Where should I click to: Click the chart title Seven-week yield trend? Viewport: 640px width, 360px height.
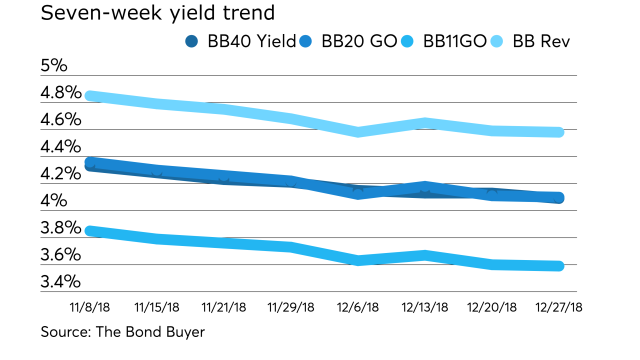(x=157, y=13)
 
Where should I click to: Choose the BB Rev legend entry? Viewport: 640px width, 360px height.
(x=533, y=41)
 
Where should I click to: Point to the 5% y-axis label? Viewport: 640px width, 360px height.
(x=54, y=66)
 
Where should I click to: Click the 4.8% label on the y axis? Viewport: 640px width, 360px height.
(x=61, y=93)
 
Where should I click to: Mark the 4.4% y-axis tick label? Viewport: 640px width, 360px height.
(x=61, y=147)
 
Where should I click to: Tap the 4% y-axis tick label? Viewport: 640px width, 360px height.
(x=54, y=201)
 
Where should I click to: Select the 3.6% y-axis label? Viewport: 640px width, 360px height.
(x=61, y=255)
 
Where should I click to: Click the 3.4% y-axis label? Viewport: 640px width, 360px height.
(x=61, y=282)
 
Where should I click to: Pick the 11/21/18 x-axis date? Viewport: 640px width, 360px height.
(x=223, y=307)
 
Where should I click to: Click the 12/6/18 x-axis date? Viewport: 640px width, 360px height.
(x=358, y=307)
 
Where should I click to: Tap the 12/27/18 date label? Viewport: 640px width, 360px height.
(x=559, y=307)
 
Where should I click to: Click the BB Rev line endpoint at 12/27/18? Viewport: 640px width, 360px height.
(x=558, y=132)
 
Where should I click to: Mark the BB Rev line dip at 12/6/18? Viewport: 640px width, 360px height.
(x=358, y=132)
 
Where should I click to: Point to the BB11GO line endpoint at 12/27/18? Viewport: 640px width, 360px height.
(x=558, y=266)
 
